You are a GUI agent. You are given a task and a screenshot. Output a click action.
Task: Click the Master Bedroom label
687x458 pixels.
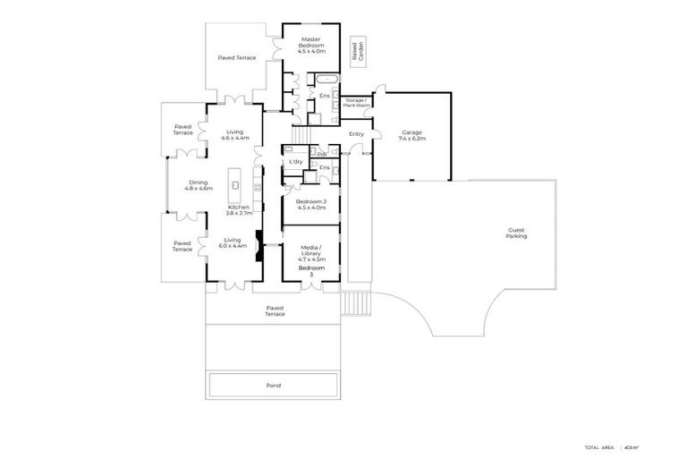[x=310, y=43]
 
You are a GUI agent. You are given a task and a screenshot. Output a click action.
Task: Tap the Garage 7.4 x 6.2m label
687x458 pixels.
[x=411, y=136]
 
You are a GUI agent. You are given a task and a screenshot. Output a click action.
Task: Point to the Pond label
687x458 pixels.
[x=274, y=386]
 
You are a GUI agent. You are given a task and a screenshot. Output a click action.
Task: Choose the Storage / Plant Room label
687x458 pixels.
[x=355, y=102]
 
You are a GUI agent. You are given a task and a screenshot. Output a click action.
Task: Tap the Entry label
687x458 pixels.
[x=357, y=134]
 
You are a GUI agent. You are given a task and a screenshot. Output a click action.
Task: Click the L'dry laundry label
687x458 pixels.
[x=294, y=161]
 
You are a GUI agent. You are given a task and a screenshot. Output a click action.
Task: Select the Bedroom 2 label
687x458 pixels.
[x=310, y=204]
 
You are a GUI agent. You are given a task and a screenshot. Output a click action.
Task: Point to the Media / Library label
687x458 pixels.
[x=310, y=250]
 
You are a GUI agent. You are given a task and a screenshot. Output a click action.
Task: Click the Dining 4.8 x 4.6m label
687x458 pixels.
[x=199, y=185]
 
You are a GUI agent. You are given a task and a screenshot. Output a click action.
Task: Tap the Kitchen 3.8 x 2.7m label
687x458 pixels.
[x=240, y=210]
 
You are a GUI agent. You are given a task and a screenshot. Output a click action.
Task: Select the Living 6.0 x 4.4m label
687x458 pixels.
[x=233, y=242]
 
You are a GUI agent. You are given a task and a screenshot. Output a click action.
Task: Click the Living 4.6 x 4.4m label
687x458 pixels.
[x=236, y=134]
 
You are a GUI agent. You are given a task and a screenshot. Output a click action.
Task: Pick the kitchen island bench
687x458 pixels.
[x=235, y=183]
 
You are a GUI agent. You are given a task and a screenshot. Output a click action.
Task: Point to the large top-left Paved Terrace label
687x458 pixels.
[x=237, y=57]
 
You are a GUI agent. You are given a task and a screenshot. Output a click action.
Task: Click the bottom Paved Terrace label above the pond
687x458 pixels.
[x=274, y=310]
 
